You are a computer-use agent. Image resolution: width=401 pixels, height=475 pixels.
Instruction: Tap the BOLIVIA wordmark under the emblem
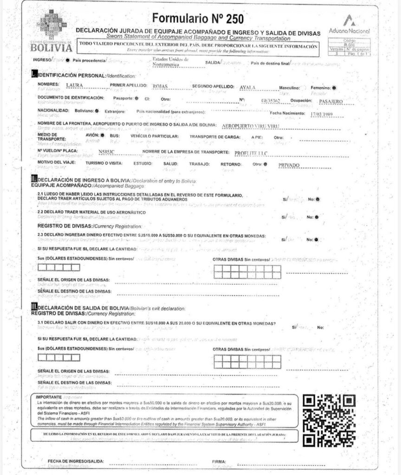(x=52, y=48)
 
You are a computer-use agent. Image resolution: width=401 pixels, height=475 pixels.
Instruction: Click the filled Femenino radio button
(x=335, y=87)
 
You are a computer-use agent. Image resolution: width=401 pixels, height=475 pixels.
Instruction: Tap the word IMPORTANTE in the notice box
(x=49, y=398)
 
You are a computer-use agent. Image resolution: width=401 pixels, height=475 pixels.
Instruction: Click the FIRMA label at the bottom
(x=219, y=462)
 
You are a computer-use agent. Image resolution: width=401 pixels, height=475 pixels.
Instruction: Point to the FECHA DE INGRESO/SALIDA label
(x=76, y=462)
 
